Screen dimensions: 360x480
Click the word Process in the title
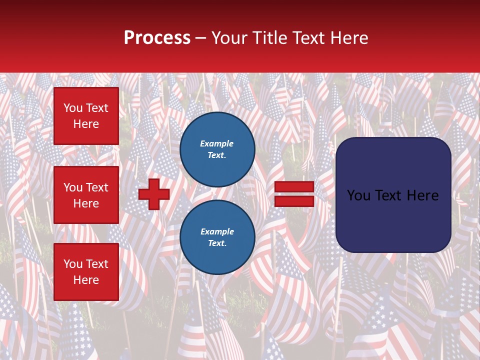point(157,38)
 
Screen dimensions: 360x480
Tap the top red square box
point(86,116)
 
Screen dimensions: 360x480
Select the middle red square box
point(86,195)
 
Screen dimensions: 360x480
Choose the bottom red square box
point(86,272)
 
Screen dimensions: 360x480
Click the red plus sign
point(154,194)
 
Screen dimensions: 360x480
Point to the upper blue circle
point(217,149)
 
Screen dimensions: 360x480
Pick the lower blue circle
point(217,237)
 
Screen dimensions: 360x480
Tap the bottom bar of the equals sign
point(294,201)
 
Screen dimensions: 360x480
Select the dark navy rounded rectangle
point(393,195)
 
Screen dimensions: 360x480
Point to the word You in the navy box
point(358,195)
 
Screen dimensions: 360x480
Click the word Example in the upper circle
point(216,143)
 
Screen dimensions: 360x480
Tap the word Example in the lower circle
point(217,231)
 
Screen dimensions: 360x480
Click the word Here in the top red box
point(86,124)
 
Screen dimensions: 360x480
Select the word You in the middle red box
point(72,187)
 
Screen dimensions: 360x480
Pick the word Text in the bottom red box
point(96,264)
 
